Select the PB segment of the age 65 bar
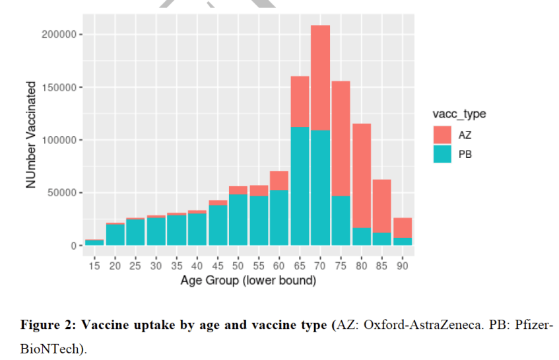tap(300, 185)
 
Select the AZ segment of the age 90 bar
tap(402, 227)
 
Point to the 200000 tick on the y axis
tap(59, 34)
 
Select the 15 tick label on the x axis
tap(94, 266)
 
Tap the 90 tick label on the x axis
tap(402, 266)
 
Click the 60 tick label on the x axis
tap(279, 266)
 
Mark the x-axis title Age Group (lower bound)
tap(249, 281)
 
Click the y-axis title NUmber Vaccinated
tap(31, 135)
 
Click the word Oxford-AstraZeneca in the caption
tap(418, 326)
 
